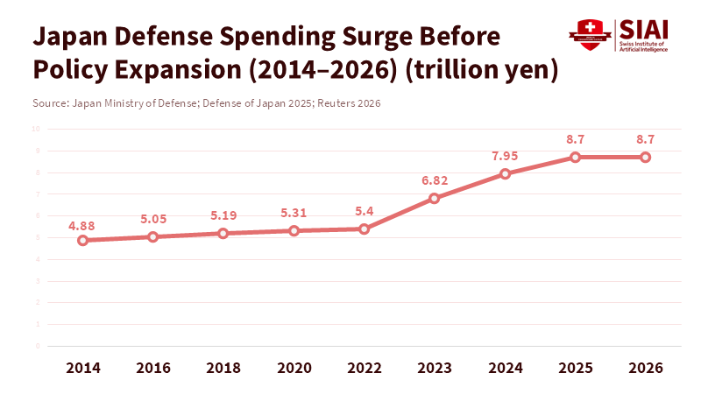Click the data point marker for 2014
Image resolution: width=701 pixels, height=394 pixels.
82,240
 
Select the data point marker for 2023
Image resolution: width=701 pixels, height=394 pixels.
435,198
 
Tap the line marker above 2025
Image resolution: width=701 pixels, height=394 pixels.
575,157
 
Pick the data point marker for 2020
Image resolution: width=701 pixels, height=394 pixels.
294,230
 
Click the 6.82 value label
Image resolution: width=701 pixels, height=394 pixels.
435,179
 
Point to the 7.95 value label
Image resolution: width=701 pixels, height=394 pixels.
506,156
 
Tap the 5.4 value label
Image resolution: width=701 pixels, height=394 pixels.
365,211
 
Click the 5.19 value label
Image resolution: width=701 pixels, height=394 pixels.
223,215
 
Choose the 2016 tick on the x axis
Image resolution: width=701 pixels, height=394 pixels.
152,368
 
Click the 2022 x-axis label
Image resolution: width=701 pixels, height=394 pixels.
365,368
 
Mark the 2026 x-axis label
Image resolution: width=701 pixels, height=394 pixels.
646,368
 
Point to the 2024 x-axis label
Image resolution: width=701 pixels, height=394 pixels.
505,368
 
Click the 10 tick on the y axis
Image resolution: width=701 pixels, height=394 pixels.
37,129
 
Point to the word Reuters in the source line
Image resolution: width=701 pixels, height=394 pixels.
344,103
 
